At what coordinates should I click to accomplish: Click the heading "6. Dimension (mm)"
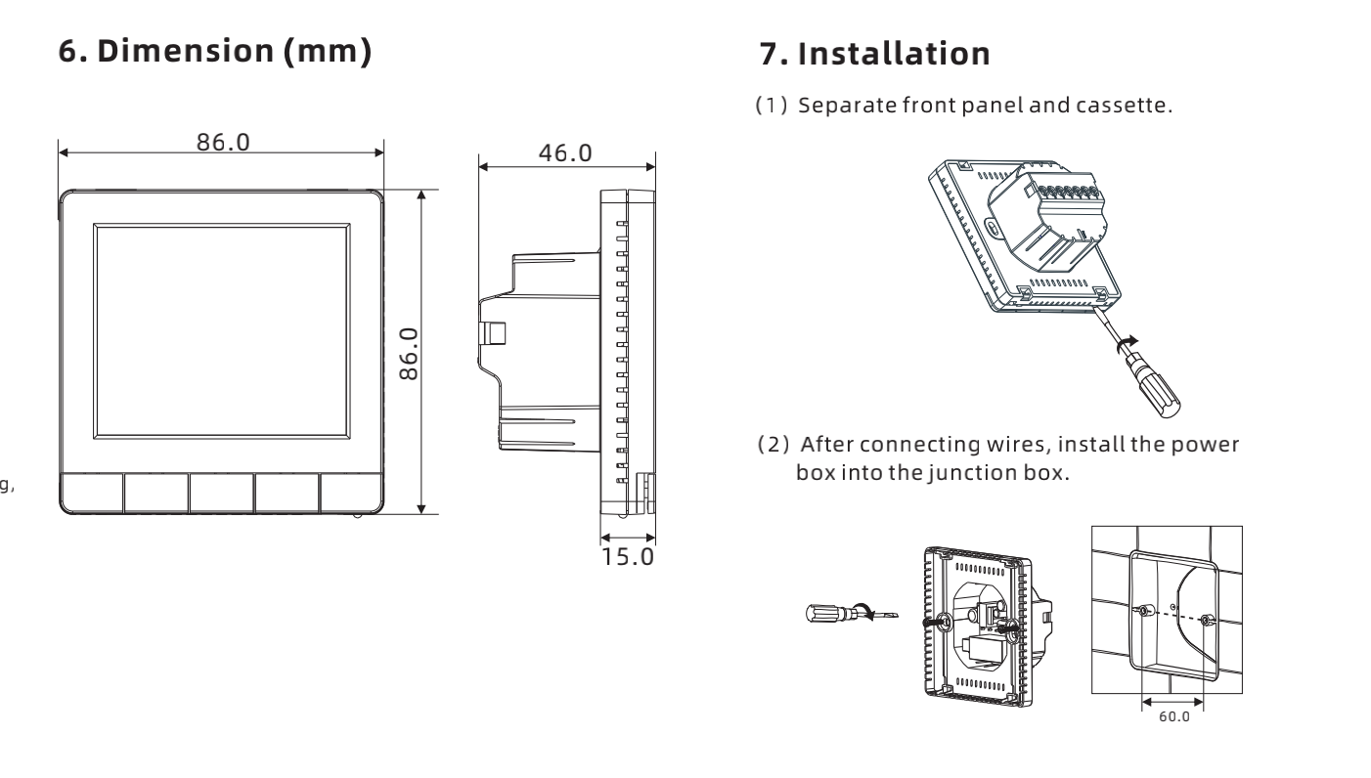(215, 52)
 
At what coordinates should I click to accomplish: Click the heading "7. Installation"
(874, 54)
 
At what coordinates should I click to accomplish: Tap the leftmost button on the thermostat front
(91, 494)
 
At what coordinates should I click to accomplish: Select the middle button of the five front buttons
(221, 494)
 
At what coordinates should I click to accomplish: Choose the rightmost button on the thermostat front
(351, 494)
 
